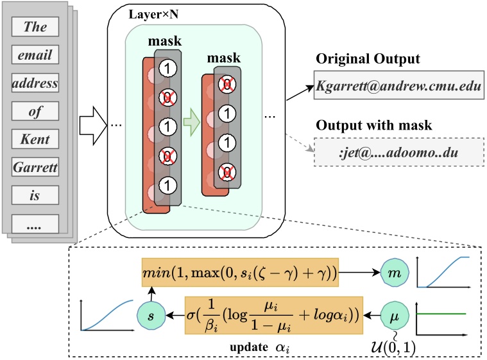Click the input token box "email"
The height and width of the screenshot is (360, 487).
click(x=35, y=55)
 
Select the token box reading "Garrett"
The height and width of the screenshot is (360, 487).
click(x=35, y=167)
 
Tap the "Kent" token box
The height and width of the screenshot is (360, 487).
click(x=35, y=139)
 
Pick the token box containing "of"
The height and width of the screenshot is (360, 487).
click(x=35, y=111)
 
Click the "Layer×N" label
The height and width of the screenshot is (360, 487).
click(x=153, y=14)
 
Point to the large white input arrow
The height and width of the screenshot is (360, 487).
click(x=93, y=126)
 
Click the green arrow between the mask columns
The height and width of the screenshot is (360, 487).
click(x=191, y=122)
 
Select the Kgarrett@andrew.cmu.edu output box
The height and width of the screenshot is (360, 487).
click(x=399, y=85)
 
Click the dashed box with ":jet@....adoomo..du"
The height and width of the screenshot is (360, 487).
click(x=399, y=152)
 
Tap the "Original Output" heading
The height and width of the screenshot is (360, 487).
click(x=368, y=58)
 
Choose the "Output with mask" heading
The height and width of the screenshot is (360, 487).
click(x=373, y=125)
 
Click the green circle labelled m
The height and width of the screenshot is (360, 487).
click(x=395, y=273)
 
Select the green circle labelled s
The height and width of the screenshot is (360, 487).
click(x=151, y=316)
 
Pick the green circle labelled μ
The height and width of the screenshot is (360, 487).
click(x=395, y=316)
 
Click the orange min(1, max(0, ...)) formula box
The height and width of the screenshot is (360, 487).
click(x=240, y=272)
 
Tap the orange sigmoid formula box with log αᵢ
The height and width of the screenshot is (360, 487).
click(x=274, y=315)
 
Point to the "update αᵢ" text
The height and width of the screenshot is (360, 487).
click(x=260, y=347)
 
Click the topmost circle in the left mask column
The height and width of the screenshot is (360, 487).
click(x=167, y=68)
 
